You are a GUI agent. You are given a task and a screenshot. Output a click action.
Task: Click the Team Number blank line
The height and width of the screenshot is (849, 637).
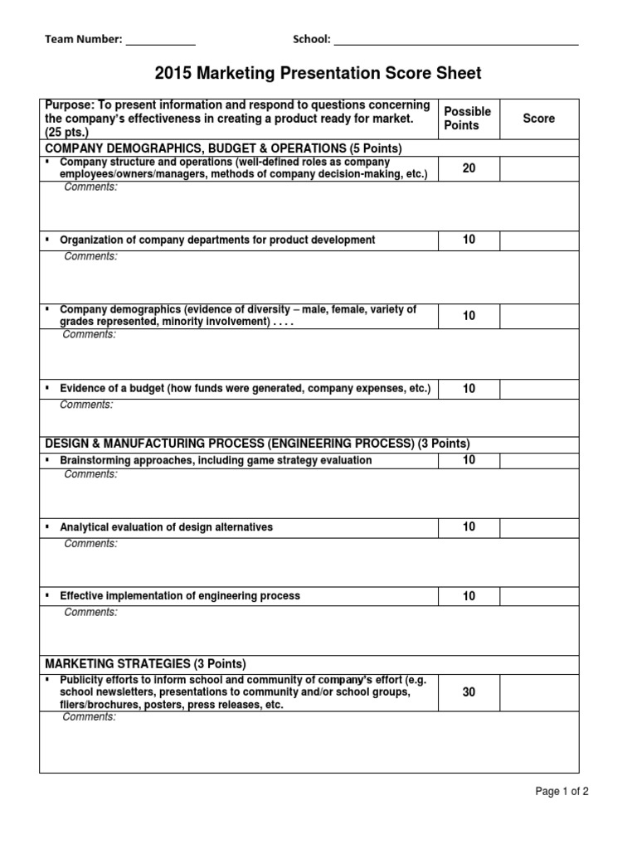160,40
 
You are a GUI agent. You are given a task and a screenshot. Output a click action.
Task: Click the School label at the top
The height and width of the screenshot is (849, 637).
311,39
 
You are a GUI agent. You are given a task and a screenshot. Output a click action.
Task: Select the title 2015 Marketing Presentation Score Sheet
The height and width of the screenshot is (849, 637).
318,74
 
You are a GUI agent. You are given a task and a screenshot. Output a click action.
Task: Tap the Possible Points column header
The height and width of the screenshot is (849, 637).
468,119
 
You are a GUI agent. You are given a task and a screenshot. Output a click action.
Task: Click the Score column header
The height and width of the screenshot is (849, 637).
538,119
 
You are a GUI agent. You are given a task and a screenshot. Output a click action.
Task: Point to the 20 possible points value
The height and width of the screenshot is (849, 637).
469,168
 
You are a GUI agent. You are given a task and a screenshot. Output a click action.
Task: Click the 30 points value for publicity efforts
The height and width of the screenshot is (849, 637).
469,691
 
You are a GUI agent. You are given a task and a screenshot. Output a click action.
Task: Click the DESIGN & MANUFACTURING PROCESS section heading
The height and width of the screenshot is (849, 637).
257,444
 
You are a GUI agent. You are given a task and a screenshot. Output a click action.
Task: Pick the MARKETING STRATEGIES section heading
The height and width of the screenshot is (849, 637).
145,664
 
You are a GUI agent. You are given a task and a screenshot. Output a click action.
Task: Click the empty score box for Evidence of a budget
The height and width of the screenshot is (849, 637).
538,388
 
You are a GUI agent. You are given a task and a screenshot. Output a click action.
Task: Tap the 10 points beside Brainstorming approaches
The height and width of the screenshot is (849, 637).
469,460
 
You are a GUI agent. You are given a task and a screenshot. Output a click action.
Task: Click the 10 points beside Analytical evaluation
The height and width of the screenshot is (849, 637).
469,527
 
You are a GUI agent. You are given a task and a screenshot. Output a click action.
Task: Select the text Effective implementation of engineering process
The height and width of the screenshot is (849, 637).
180,596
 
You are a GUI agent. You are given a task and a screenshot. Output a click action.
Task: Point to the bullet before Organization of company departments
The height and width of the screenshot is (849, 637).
49,240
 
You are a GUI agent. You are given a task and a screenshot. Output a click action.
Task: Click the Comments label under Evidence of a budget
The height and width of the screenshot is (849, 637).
86,405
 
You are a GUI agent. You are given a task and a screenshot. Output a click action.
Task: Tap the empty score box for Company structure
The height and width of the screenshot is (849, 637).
538,168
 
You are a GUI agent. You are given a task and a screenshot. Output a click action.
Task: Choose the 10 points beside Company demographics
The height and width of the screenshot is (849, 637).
469,315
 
